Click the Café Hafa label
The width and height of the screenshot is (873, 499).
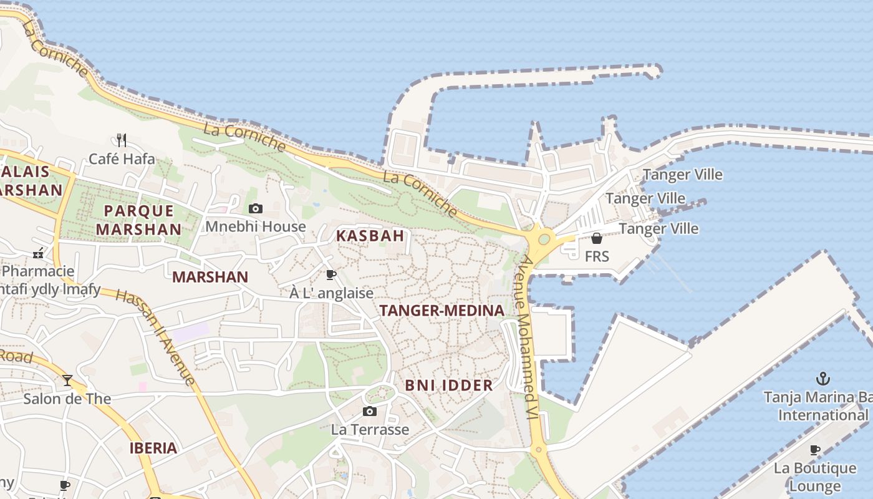click(122, 159)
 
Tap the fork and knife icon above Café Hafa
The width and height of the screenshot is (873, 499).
click(122, 140)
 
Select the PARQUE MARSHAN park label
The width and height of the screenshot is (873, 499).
click(138, 220)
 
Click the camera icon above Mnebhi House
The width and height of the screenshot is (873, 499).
click(256, 208)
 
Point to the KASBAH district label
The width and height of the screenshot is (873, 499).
click(370, 236)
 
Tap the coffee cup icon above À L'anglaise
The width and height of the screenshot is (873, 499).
click(331, 274)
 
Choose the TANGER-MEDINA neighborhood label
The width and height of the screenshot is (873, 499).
click(441, 311)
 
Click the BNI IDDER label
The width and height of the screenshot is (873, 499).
click(449, 385)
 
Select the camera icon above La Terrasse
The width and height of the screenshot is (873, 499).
click(370, 411)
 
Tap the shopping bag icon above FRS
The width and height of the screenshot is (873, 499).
click(597, 238)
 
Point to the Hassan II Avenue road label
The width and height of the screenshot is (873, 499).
click(156, 337)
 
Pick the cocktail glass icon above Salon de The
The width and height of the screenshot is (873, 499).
click(67, 380)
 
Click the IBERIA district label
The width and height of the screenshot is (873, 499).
click(153, 448)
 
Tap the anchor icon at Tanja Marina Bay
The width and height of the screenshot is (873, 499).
click(823, 379)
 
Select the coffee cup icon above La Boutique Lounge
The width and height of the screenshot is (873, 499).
click(815, 450)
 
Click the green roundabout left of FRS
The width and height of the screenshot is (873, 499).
click(544, 238)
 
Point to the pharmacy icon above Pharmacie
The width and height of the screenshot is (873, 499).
click(38, 253)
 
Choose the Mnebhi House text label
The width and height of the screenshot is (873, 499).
click(256, 226)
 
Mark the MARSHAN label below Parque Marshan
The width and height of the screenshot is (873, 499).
click(210, 277)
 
